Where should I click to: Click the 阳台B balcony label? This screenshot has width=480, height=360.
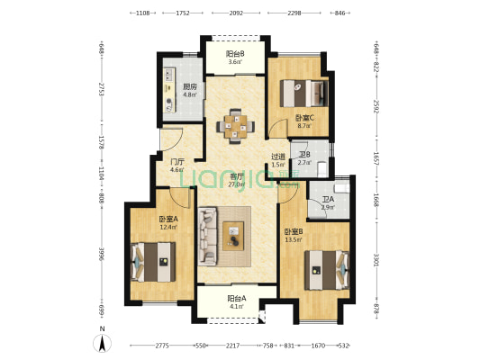pos(233,53)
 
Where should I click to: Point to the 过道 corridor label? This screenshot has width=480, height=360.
pos(278,157)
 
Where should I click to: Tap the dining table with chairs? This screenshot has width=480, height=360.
pos(235,125)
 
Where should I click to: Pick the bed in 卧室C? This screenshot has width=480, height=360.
pos(301,93)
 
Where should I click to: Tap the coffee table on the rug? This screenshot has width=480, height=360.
pos(235,237)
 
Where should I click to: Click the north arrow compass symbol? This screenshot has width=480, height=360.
pos(104,343)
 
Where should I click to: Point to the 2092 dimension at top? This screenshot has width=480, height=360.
pos(236,13)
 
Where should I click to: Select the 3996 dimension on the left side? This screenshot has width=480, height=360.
pos(102,256)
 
